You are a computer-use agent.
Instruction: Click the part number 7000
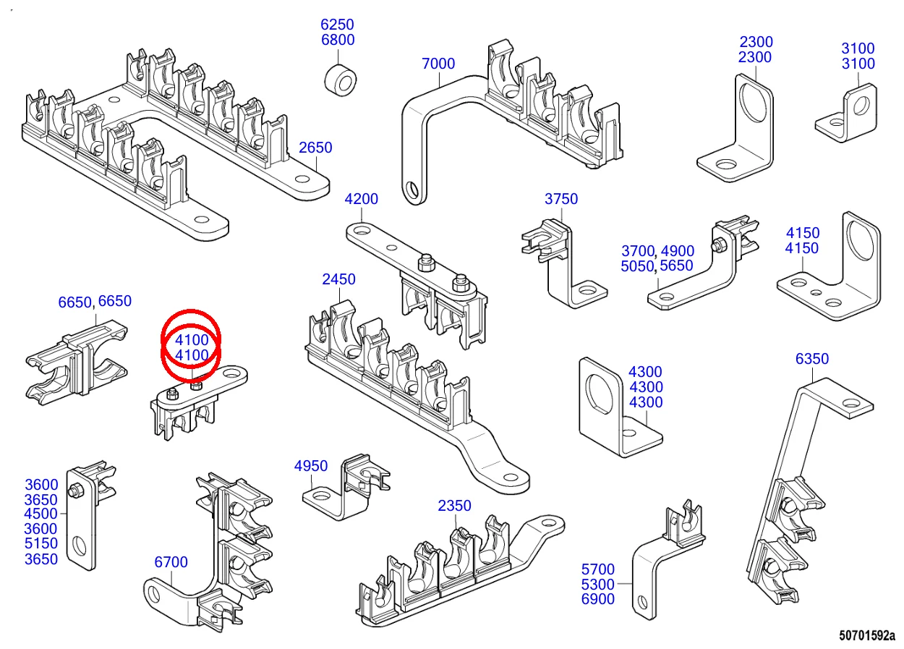point(438,64)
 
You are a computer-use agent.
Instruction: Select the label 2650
point(315,148)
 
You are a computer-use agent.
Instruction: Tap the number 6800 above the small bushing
point(338,40)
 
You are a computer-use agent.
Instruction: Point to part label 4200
point(361,199)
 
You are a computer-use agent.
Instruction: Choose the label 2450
point(338,279)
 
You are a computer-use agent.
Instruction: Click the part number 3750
point(561,199)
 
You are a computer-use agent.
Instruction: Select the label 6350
point(812,359)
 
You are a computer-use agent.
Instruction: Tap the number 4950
point(311,466)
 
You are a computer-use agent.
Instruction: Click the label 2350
point(454,506)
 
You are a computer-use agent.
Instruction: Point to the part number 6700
point(171,562)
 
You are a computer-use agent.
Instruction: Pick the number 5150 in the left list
point(40,544)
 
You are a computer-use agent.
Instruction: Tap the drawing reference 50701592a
point(866,636)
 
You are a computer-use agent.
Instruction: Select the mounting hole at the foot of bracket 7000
point(412,190)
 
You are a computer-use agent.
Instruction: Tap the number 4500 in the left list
point(40,514)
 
